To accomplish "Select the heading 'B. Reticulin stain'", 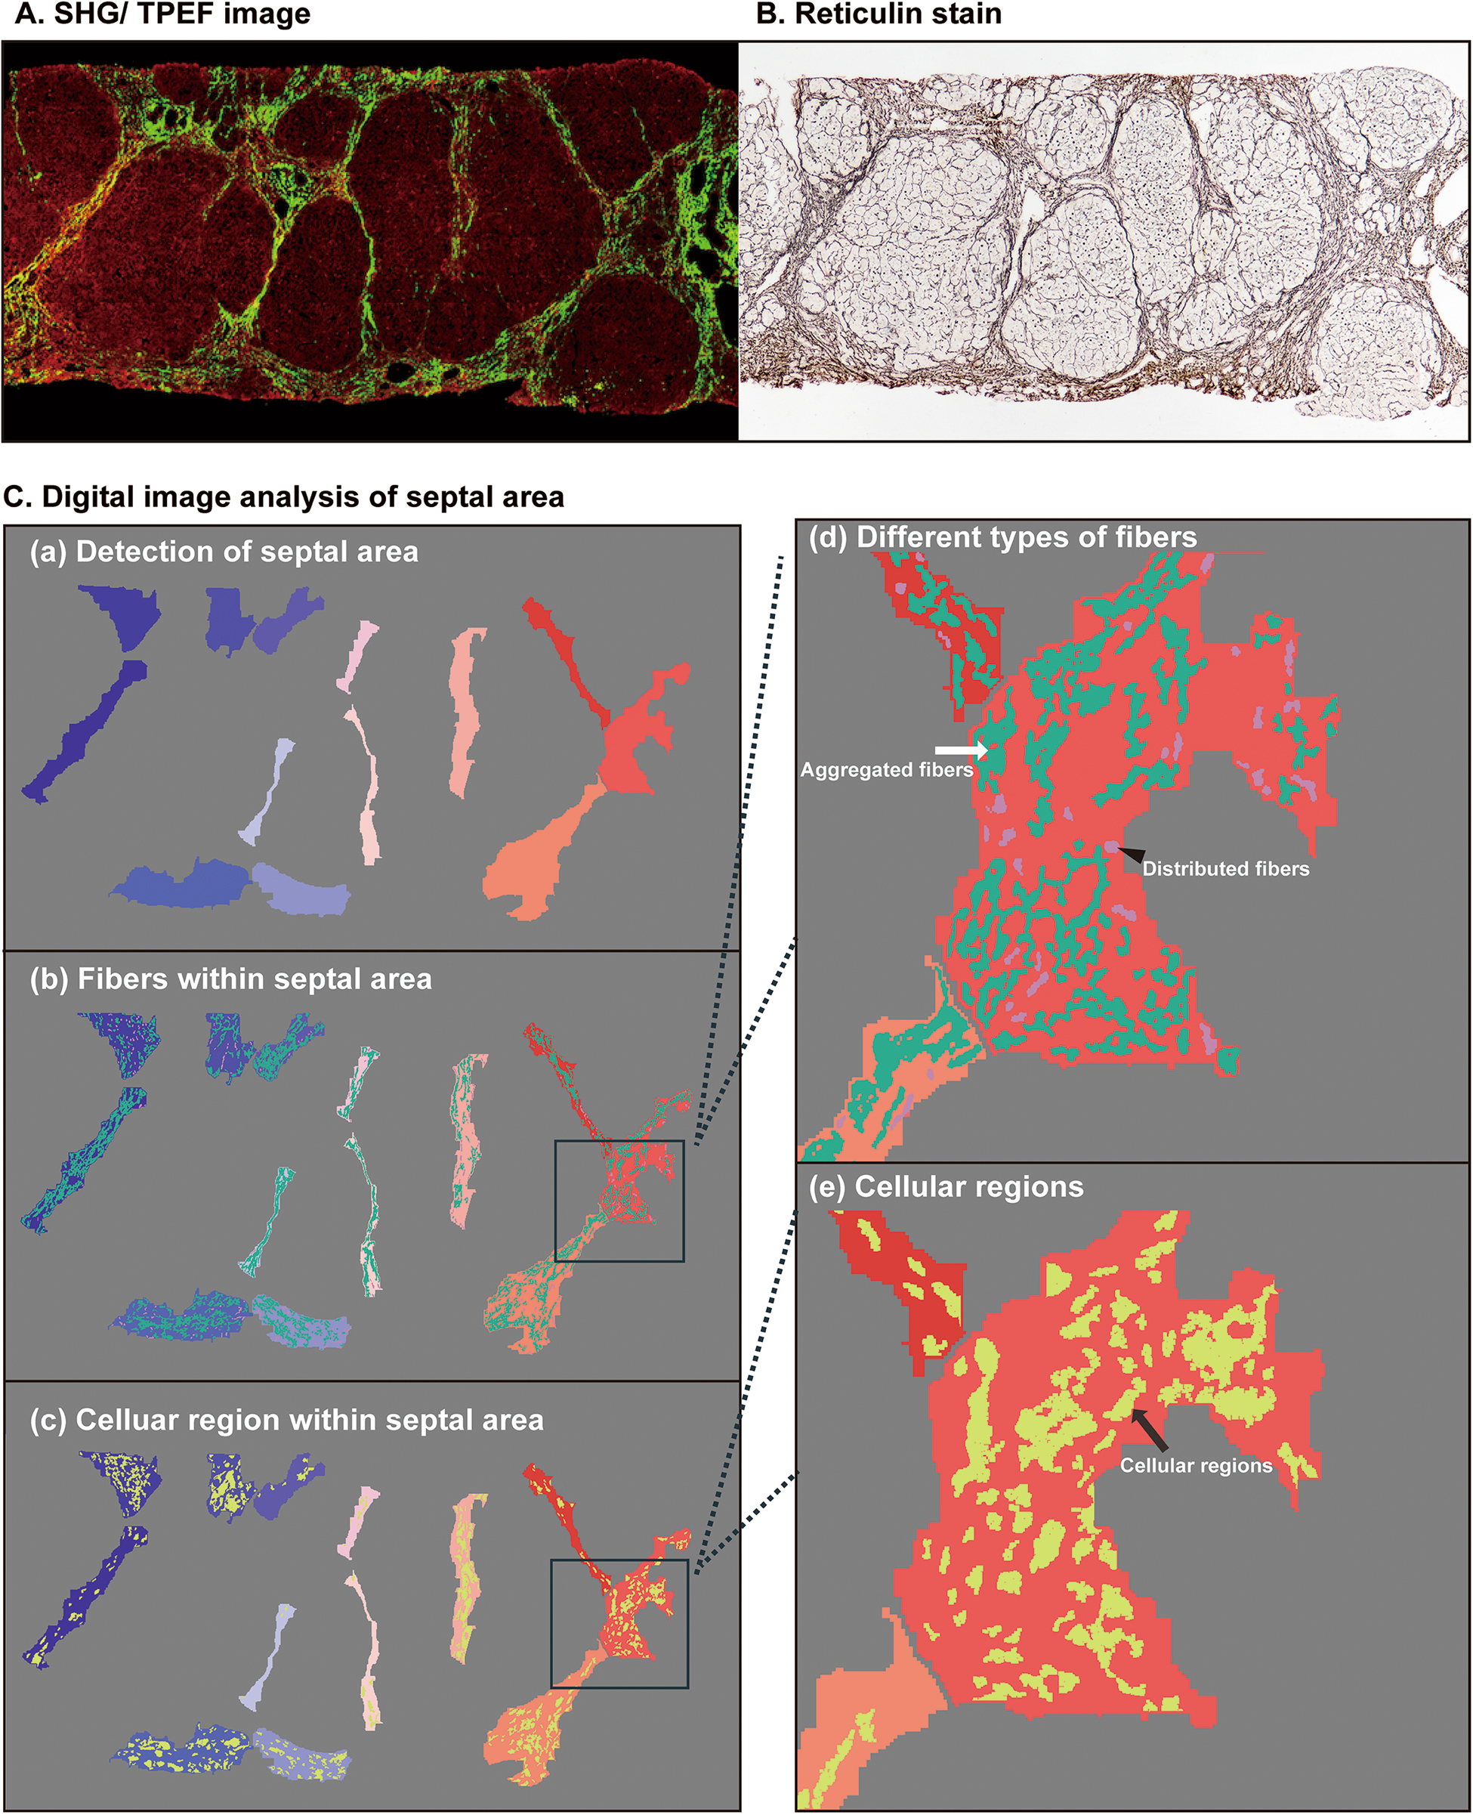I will pyautogui.click(x=879, y=14).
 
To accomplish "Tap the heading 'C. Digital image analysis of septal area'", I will pyautogui.click(x=283, y=496).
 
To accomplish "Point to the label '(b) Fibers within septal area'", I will pyautogui.click(x=231, y=979).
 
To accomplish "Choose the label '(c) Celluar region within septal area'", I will pyautogui.click(x=287, y=1420).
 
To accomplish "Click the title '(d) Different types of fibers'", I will pyautogui.click(x=1002, y=537).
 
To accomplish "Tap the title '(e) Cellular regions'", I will pyautogui.click(x=946, y=1186).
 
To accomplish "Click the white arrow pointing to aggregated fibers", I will pyautogui.click(x=962, y=750).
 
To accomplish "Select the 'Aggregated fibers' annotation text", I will pyautogui.click(x=887, y=770).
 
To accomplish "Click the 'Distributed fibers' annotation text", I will pyautogui.click(x=1225, y=869).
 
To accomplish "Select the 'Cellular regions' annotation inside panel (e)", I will pyautogui.click(x=1196, y=1465).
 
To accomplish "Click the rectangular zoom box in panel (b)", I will pyautogui.click(x=619, y=1201).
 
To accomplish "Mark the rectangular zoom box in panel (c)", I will pyautogui.click(x=619, y=1623).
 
